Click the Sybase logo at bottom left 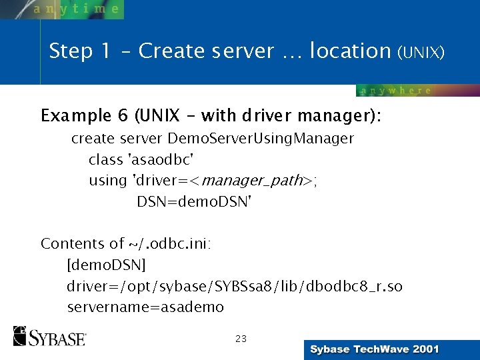pyautogui.click(x=49, y=336)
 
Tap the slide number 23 pyautogui.click(x=241, y=339)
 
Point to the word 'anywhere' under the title pyautogui.click(x=396, y=91)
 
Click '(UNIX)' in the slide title pyautogui.click(x=421, y=52)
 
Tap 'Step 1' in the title pyautogui.click(x=79, y=51)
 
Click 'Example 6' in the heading pyautogui.click(x=84, y=115)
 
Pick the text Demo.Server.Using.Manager pyautogui.click(x=261, y=139)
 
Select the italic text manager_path pyautogui.click(x=253, y=181)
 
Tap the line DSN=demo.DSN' pyautogui.click(x=194, y=201)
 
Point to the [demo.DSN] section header pyautogui.click(x=106, y=265)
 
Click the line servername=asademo pyautogui.click(x=145, y=307)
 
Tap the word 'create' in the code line pyautogui.click(x=93, y=139)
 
